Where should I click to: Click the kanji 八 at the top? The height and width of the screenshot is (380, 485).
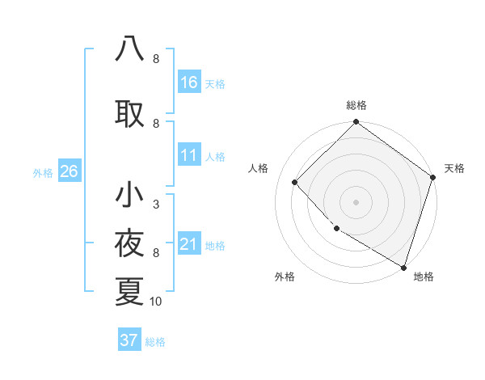pyautogui.click(x=129, y=49)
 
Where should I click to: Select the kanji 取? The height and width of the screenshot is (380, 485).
pyautogui.click(x=129, y=114)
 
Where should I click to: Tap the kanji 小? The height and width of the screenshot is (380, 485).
pyautogui.click(x=129, y=195)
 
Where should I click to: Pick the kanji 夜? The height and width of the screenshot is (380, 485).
pyautogui.click(x=129, y=243)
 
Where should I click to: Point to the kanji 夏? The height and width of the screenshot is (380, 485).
pyautogui.click(x=129, y=291)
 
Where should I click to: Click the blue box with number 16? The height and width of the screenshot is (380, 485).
pyautogui.click(x=189, y=82)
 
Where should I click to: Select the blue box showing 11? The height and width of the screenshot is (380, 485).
pyautogui.click(x=189, y=155)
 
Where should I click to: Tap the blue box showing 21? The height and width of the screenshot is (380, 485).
pyautogui.click(x=189, y=244)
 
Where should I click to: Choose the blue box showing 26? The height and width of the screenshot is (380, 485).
pyautogui.click(x=69, y=171)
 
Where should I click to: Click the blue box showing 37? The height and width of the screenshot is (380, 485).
pyautogui.click(x=129, y=340)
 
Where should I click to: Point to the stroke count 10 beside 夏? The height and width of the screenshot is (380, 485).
pyautogui.click(x=156, y=302)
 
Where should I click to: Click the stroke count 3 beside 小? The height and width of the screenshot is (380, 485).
pyautogui.click(x=155, y=205)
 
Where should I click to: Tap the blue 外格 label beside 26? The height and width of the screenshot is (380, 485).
pyautogui.click(x=43, y=172)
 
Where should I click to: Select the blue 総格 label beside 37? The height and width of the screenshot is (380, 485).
pyautogui.click(x=155, y=342)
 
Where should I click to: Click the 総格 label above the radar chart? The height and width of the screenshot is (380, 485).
pyautogui.click(x=356, y=105)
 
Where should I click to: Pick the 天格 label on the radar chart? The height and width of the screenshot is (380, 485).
pyautogui.click(x=454, y=168)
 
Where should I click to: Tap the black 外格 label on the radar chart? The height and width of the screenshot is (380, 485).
pyautogui.click(x=285, y=277)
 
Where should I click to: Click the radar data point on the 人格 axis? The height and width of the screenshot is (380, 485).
pyautogui.click(x=295, y=182)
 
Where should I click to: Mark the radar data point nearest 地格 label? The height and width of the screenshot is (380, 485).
pyautogui.click(x=403, y=266)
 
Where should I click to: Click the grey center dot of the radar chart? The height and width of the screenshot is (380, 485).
pyautogui.click(x=356, y=201)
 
